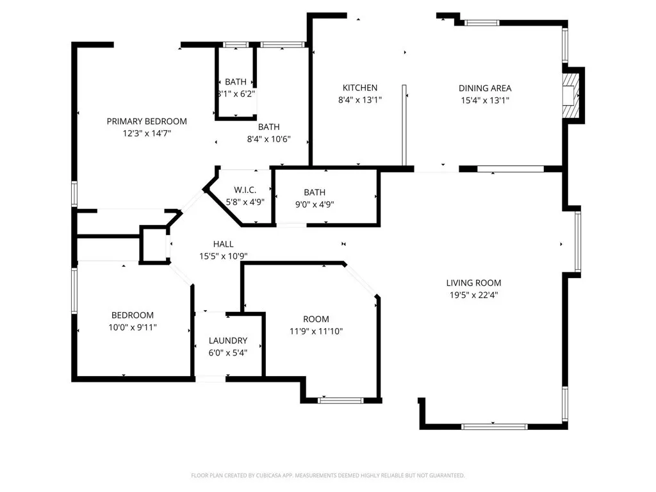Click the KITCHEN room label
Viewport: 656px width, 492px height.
pyautogui.click(x=359, y=88)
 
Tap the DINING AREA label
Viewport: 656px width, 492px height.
pyautogui.click(x=484, y=88)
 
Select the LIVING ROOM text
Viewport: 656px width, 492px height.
pyautogui.click(x=473, y=283)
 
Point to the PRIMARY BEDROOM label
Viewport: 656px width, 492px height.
pyautogui.click(x=147, y=121)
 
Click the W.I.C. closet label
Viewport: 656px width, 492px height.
pyautogui.click(x=245, y=190)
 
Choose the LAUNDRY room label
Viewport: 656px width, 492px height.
pyautogui.click(x=227, y=341)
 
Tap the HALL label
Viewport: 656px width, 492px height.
pyautogui.click(x=223, y=244)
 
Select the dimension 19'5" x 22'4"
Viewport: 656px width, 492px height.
pyautogui.click(x=473, y=295)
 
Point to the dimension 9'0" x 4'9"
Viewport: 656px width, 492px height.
pyautogui.click(x=315, y=205)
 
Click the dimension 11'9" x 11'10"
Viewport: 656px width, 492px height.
pyautogui.click(x=316, y=331)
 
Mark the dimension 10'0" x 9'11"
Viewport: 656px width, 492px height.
pyautogui.click(x=133, y=327)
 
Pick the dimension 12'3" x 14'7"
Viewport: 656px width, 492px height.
pyautogui.click(x=147, y=133)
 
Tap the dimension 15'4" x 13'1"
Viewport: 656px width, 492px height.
pyautogui.click(x=484, y=101)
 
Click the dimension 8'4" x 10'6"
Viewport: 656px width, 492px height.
pyautogui.click(x=269, y=139)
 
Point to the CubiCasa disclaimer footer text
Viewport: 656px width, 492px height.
pyautogui.click(x=328, y=475)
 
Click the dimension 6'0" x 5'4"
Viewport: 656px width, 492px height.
pyautogui.click(x=227, y=353)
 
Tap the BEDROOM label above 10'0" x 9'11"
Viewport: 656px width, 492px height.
pyautogui.click(x=133, y=315)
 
